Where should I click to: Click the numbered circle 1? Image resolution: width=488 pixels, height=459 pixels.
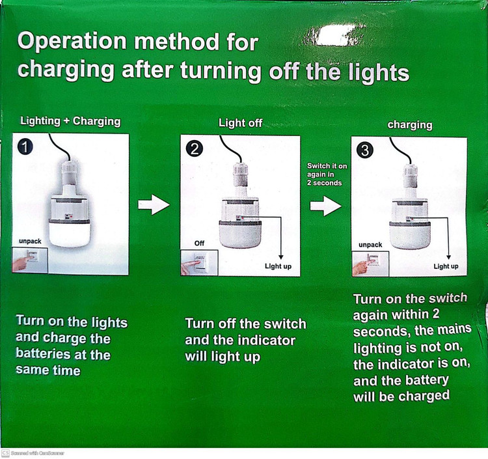point(25,146)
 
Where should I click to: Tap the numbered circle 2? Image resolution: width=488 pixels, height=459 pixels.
point(195,149)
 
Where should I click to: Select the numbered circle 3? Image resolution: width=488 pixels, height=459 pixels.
point(365,150)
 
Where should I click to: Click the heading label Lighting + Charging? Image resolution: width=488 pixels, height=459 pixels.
point(70,121)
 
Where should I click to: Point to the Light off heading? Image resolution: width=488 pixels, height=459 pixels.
point(241,122)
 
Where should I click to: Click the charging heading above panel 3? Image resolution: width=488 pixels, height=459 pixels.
point(410,125)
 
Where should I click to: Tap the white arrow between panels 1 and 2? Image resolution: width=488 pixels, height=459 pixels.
point(154,204)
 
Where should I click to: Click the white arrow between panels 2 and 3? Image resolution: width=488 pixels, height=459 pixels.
point(325,206)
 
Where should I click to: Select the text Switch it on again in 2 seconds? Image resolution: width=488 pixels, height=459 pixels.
point(327,174)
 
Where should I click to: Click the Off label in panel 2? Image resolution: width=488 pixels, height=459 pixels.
point(199,243)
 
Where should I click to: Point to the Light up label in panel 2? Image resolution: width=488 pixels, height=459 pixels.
point(278,266)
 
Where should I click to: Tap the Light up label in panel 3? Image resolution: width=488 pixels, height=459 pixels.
point(446,266)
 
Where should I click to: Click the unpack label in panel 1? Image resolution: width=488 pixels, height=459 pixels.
point(30,241)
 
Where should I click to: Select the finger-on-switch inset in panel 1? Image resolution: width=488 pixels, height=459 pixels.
point(30,260)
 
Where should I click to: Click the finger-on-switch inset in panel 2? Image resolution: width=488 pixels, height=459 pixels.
point(199,263)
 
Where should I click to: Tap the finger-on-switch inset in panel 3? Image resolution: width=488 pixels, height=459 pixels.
point(370,264)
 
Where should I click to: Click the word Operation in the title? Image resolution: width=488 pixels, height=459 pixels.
point(72,42)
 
